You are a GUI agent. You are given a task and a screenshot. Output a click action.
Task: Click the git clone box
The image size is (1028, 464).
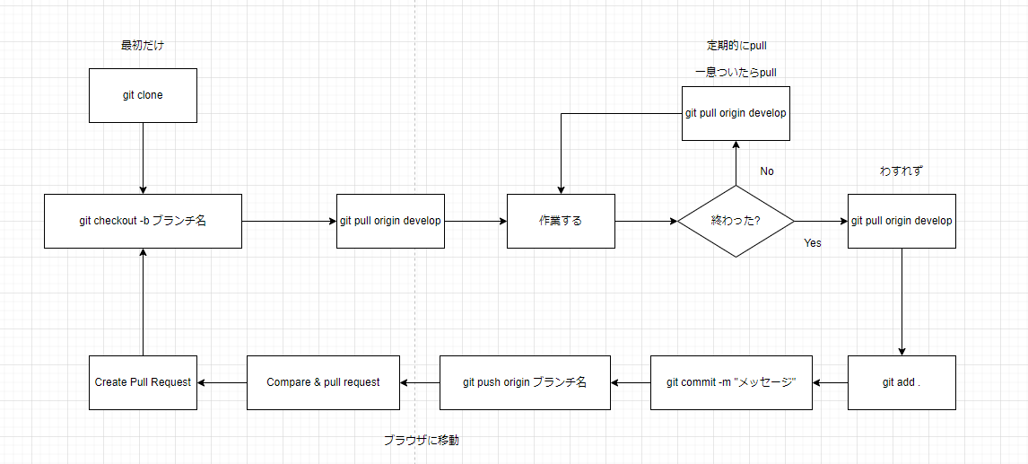pos(143,95)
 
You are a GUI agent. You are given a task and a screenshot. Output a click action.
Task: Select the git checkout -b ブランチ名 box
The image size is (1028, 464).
pos(143,221)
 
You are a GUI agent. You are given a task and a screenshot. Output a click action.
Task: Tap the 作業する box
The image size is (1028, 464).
pos(561,221)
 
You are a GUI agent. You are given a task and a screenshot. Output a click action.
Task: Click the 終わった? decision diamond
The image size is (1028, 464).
pos(736,221)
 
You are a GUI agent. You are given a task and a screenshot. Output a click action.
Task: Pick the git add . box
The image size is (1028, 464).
pos(902,382)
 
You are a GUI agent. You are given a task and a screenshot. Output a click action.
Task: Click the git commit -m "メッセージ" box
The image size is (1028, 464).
pos(731,382)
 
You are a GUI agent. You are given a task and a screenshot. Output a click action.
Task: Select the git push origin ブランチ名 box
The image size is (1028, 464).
pos(524,382)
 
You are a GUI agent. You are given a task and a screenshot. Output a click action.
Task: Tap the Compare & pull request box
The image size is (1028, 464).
pos(323,382)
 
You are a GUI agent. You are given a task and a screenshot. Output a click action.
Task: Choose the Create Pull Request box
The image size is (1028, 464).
pos(143,382)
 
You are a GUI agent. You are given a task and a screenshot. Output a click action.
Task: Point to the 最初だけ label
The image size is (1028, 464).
pos(143,45)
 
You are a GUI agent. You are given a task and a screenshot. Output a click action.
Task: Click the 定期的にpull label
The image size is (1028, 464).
pos(736,46)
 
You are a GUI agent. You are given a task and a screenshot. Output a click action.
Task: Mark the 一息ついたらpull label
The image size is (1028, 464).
pos(736,73)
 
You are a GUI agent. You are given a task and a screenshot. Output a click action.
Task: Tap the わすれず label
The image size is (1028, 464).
pos(902,171)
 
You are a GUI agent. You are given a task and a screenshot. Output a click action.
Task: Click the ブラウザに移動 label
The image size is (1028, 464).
pos(421,441)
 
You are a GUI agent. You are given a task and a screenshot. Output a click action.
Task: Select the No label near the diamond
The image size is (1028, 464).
pos(767,171)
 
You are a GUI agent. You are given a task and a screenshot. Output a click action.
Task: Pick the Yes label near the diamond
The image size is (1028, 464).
pos(812,243)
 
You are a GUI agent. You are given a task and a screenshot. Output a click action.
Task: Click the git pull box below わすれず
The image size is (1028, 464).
pos(902,221)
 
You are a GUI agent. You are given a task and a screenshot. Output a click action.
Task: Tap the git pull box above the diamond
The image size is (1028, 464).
pos(736,113)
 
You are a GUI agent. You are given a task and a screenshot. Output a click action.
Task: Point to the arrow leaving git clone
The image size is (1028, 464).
pos(143,157)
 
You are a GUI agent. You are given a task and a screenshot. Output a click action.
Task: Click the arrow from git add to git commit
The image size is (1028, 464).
pos(830,382)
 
